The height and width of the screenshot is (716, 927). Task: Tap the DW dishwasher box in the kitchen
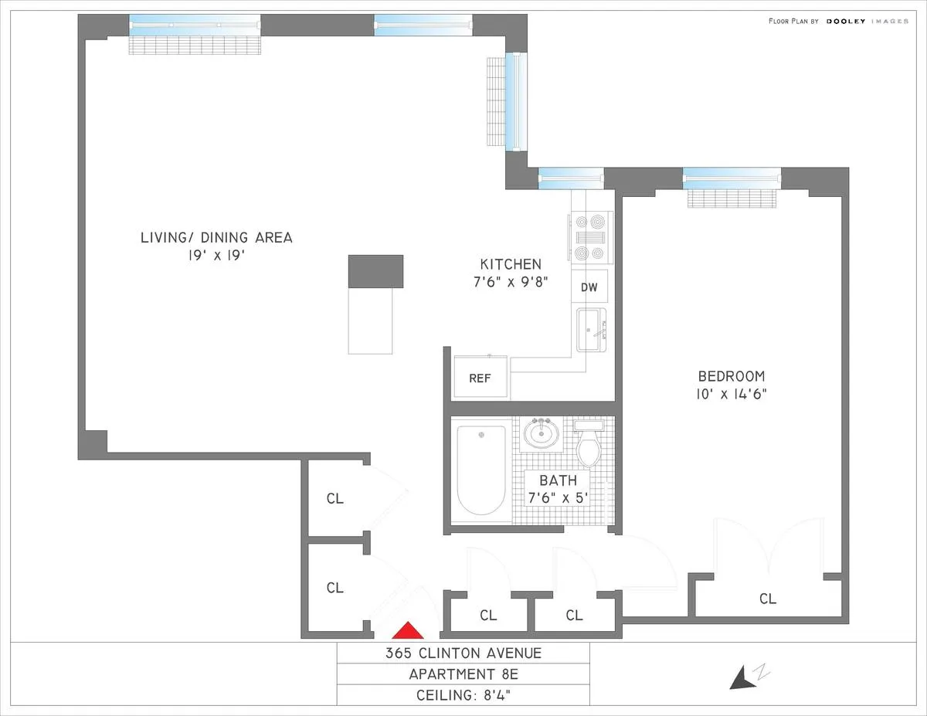tap(589, 287)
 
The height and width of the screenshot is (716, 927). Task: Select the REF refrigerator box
tap(479, 378)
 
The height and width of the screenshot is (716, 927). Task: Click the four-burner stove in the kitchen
tap(592, 238)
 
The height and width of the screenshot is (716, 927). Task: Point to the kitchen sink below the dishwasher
tap(592, 330)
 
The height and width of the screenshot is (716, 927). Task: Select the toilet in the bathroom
tap(589, 445)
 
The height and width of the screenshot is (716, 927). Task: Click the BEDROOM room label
tap(731, 377)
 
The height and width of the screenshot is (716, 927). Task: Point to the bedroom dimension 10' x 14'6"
tap(731, 394)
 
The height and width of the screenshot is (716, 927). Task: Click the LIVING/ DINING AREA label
tap(216, 237)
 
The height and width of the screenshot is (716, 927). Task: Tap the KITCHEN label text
tap(510, 264)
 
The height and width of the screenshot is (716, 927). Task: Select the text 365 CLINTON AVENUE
tap(463, 653)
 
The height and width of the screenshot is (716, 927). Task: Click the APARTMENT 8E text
tap(463, 674)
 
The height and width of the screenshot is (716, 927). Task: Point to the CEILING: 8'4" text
tap(463, 695)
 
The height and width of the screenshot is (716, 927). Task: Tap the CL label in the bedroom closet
tap(767, 599)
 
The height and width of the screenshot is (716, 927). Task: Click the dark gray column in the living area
tap(376, 271)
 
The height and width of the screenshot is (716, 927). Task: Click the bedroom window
tap(732, 178)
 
